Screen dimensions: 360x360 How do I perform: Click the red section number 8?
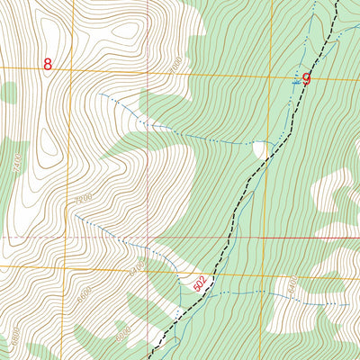[48, 65]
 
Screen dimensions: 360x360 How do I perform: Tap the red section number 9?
[306, 79]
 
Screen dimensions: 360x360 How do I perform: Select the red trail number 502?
[200, 283]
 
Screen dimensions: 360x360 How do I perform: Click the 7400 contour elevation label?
[17, 166]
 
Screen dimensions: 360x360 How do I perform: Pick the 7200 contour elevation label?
[85, 197]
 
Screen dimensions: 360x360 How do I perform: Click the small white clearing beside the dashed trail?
[261, 149]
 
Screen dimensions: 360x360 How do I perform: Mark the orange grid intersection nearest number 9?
[267, 76]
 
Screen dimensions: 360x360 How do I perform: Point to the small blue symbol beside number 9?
[295, 81]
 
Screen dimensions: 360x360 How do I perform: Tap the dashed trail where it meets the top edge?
[337, 3]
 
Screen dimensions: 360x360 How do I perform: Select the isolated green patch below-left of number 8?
[8, 91]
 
